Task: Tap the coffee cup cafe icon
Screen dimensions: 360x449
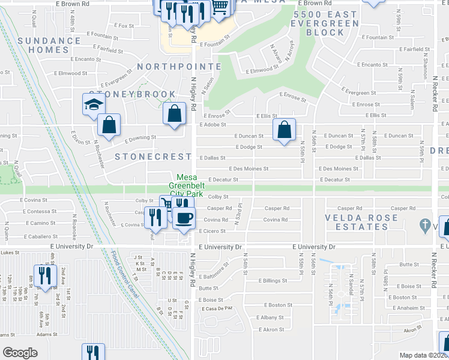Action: click(x=184, y=218)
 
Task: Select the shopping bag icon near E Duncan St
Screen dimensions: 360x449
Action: click(x=284, y=129)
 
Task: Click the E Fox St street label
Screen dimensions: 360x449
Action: click(x=124, y=26)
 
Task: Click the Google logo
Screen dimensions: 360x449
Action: click(x=20, y=353)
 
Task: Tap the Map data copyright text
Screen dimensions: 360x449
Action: click(x=423, y=355)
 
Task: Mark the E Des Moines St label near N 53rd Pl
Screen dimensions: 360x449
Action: click(x=247, y=169)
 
